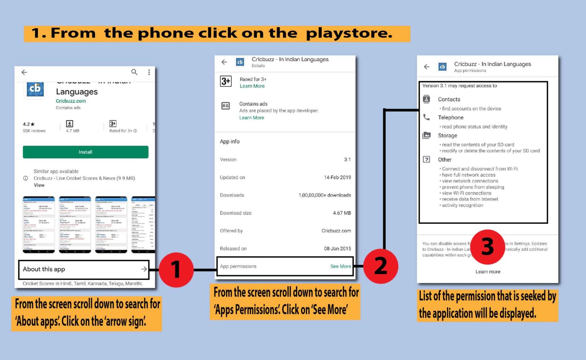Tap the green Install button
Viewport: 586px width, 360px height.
coord(85,152)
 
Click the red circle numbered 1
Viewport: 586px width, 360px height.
coord(175,270)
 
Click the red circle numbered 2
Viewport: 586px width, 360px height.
coord(380,266)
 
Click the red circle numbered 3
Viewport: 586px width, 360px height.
coord(488,247)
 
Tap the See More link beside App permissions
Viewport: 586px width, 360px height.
coord(340,266)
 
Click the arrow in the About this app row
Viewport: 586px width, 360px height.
coord(144,269)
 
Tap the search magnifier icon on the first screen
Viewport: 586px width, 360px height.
coord(134,72)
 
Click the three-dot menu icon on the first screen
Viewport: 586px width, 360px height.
coord(149,72)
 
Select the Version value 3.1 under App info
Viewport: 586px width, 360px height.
coord(347,160)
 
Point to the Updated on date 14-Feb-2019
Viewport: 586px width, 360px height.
coord(337,178)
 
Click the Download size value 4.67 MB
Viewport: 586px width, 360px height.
coord(342,213)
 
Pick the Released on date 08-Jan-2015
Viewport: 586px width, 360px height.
coord(337,249)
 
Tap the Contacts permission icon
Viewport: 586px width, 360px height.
coord(427,99)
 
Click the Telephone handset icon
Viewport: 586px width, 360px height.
coord(427,117)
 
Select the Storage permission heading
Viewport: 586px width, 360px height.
coord(448,136)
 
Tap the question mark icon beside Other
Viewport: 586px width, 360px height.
coord(427,160)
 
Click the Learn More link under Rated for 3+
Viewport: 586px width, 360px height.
coord(252,86)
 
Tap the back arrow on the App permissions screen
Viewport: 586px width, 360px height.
coord(427,67)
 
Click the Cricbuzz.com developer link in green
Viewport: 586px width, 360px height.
coord(71,101)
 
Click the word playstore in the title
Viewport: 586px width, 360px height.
coord(349,34)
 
